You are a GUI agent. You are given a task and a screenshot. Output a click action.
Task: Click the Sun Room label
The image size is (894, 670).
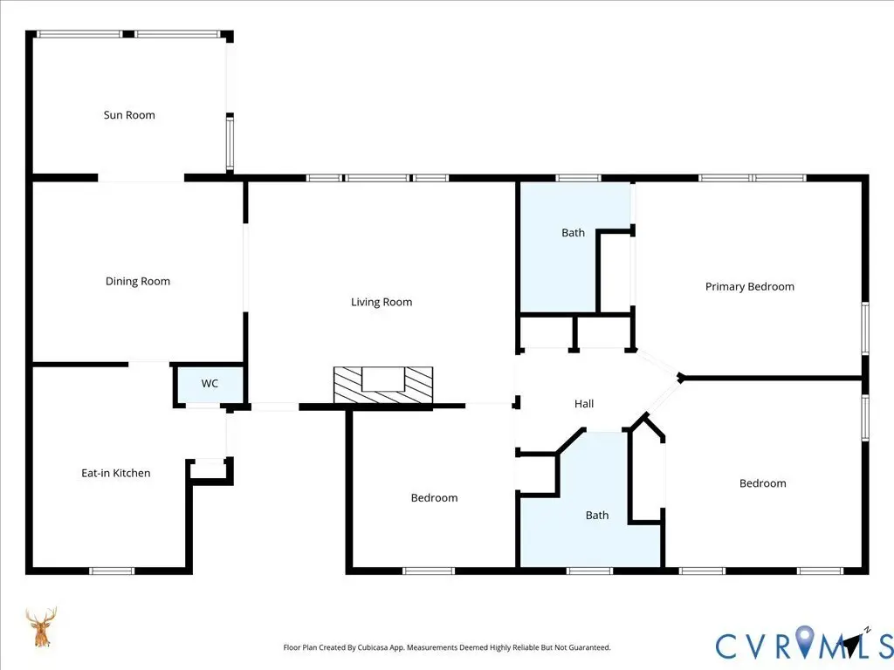(129, 115)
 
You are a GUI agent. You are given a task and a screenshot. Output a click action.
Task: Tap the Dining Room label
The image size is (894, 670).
(138, 282)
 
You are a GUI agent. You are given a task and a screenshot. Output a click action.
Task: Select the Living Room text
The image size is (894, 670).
(382, 303)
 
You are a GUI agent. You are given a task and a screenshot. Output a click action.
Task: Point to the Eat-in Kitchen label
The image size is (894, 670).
(116, 473)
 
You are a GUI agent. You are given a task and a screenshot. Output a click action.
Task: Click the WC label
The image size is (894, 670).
(210, 384)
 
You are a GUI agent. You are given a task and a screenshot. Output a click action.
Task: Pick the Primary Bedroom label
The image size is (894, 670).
(750, 286)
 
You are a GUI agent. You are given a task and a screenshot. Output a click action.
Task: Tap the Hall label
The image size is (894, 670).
(584, 404)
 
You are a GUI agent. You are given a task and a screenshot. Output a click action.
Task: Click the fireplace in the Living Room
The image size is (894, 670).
(383, 386)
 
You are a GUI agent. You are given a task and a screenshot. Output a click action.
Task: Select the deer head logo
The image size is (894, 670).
(41, 627)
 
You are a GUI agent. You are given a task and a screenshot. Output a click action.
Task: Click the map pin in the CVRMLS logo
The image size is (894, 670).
(805, 640)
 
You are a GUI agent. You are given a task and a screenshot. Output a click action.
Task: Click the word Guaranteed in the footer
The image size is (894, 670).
(591, 648)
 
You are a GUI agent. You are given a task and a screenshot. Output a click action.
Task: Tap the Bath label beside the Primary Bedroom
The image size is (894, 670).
(573, 233)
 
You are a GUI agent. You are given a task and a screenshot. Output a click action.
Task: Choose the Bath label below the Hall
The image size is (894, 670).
(597, 516)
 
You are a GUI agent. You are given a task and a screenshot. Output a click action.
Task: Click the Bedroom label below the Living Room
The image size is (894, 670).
(435, 498)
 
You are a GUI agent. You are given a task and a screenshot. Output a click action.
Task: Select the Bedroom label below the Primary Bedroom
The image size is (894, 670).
(763, 483)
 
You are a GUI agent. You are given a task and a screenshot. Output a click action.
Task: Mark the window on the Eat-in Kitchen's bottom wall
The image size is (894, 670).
(112, 571)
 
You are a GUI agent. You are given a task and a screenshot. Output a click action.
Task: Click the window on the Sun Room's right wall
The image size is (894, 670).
(230, 143)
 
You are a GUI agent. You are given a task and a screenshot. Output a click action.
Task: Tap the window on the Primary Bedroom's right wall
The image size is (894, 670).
(865, 329)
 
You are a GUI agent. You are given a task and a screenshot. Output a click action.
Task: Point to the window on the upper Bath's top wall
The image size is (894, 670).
(578, 178)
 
